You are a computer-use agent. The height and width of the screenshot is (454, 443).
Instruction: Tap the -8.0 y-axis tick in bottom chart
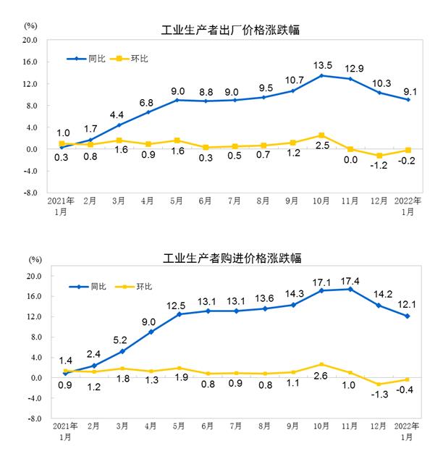point(35,419)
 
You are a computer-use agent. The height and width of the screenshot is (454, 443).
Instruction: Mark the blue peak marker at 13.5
point(321,75)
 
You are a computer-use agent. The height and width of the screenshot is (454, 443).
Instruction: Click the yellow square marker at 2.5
point(321,135)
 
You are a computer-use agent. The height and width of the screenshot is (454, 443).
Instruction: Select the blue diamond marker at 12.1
point(408,316)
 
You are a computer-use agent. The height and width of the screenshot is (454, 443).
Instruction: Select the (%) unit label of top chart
point(30,25)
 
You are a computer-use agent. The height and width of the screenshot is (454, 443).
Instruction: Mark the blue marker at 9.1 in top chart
point(408,99)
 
